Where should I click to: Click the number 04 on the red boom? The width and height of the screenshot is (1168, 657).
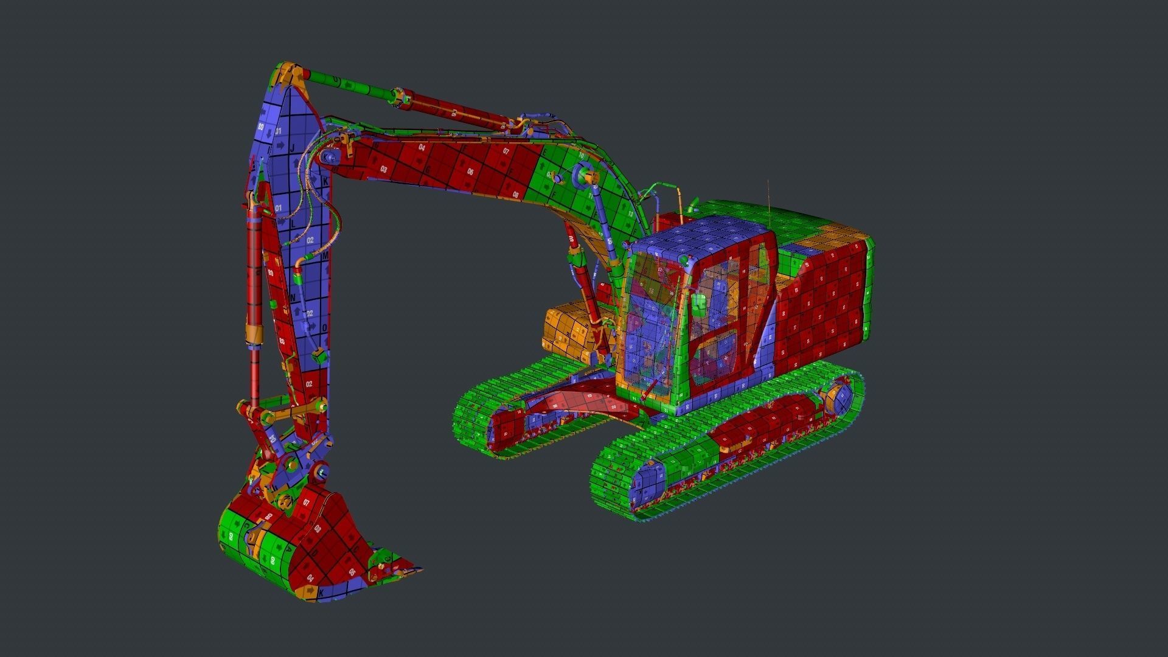[x=422, y=147]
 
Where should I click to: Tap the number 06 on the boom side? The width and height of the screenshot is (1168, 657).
[x=470, y=172]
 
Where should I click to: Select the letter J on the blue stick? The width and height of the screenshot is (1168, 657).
[x=293, y=148]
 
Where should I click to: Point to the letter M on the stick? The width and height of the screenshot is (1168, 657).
[x=325, y=256]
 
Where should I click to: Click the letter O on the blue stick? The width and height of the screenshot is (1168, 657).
[x=324, y=327]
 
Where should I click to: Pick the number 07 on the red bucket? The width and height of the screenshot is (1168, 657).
[x=306, y=502]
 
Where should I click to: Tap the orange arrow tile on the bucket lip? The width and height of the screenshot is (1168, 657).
[x=310, y=590]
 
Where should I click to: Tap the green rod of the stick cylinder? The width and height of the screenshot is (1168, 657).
[x=341, y=83]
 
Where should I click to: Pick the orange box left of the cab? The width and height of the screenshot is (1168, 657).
[x=569, y=332]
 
